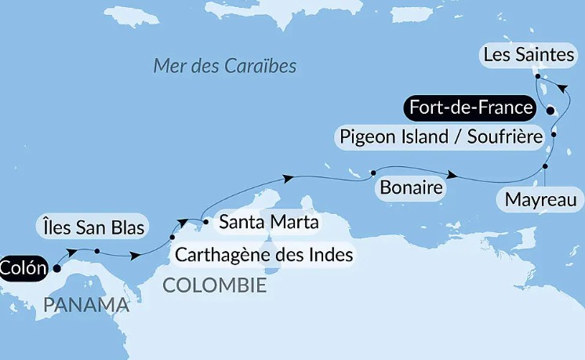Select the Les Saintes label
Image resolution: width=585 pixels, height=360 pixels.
point(529,55)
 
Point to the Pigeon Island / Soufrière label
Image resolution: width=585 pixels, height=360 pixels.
point(441,136)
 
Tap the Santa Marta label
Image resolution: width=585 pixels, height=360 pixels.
point(268,222)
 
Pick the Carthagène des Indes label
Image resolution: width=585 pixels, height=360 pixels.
point(264,255)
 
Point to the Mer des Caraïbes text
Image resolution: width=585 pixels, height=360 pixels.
point(225,66)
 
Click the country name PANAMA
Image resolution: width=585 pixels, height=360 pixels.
point(86,305)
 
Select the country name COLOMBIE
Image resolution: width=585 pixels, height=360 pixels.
point(214,285)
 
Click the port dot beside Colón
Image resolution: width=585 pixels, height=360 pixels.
point(56,267)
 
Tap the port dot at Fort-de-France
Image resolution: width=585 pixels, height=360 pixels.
point(550,110)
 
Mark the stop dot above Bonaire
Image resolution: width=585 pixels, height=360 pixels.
point(373,173)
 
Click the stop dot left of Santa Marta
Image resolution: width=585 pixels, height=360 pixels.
point(205,222)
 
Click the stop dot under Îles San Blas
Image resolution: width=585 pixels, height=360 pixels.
point(96,251)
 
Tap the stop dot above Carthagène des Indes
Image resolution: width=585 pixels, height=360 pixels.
point(173,237)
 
